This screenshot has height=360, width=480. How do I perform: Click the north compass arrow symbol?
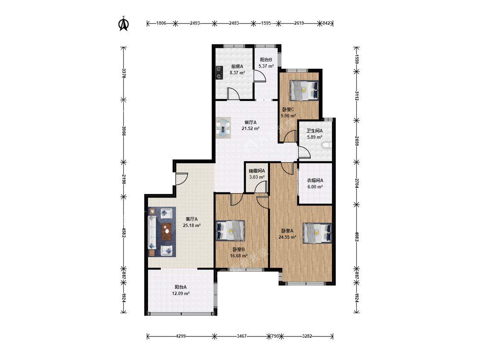pos(124,24)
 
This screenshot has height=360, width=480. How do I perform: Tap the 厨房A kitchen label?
pos(237,66)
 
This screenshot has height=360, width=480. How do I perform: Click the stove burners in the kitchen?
pos(219,73)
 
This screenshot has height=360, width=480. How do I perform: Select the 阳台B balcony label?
pos(266,60)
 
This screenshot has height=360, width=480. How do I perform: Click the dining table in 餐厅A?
pos(223,127)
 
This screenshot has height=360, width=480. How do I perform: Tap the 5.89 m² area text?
pos(315,137)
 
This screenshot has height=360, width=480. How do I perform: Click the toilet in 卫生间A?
pos(327,145)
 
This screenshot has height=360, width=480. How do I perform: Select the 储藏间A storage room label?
pos(257,171)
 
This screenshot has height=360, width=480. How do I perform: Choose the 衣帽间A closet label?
pos(315,180)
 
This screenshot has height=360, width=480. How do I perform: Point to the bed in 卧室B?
pos(230,230)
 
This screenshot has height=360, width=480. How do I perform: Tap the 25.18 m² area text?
pos(192,226)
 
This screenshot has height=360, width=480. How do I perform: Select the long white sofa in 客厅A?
pos(152,232)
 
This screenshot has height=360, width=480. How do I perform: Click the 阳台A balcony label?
pos(180,287)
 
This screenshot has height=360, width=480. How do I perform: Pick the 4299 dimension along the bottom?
pos(181,336)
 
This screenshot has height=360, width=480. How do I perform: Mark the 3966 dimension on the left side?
pos(124,131)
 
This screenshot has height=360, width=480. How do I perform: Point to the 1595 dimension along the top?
pos(266,23)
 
